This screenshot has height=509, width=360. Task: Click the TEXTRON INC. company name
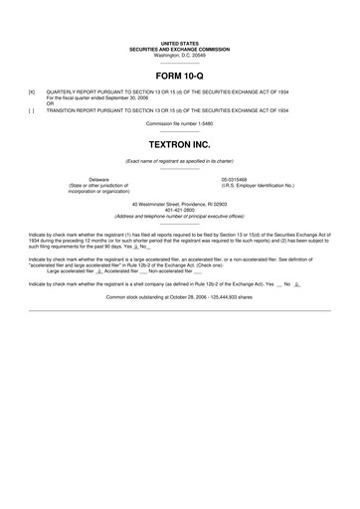179,143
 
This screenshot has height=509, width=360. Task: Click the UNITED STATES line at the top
179,44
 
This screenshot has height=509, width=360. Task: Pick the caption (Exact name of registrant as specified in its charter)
179,160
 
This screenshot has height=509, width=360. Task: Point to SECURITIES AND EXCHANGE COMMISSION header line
179,50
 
